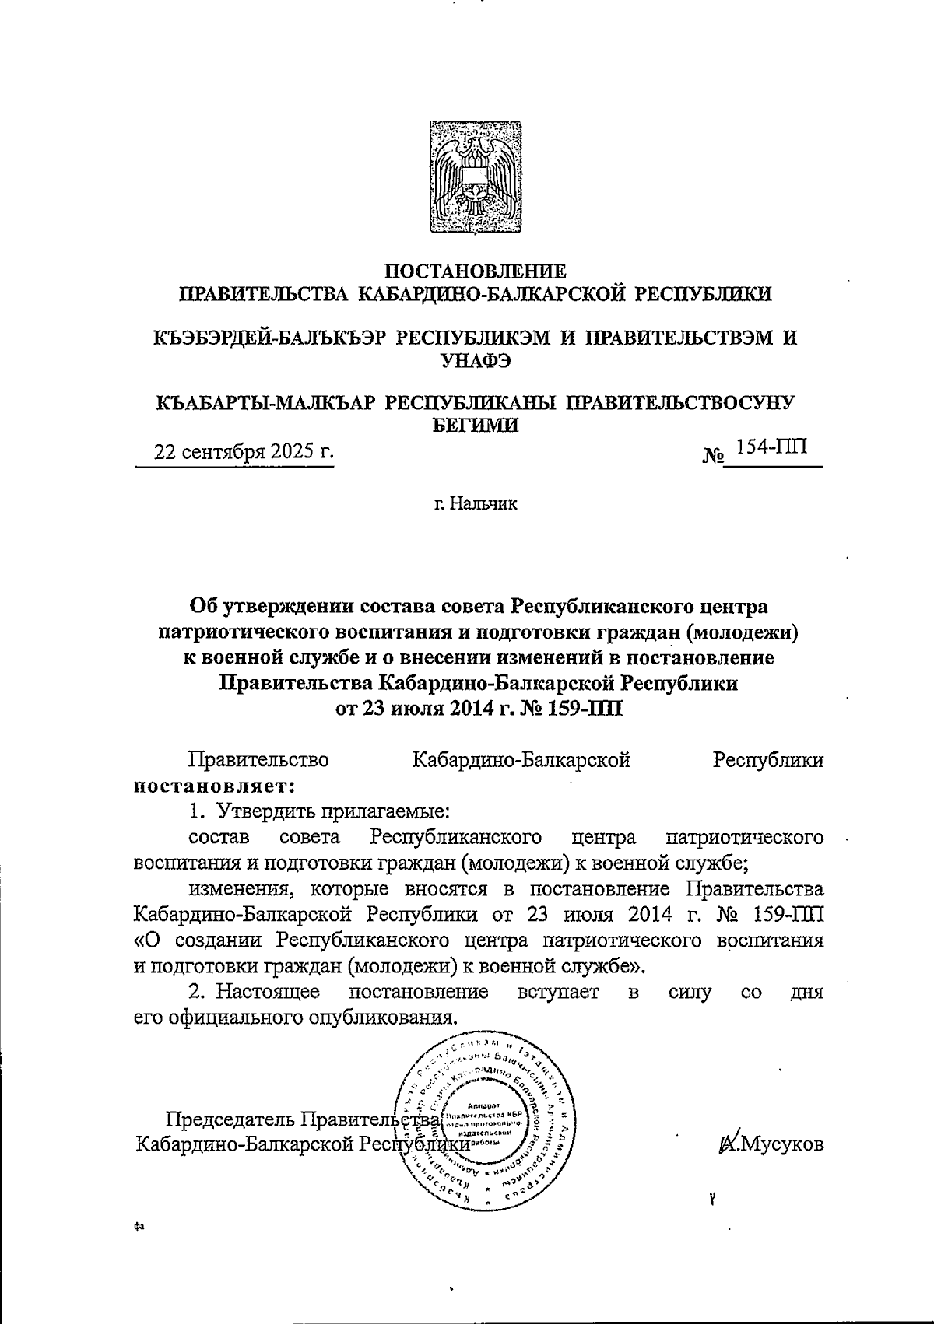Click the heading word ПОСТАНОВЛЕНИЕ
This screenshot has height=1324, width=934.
pos(477,271)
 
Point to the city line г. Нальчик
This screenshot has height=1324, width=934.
pos(476,504)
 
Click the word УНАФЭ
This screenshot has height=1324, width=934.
pos(476,359)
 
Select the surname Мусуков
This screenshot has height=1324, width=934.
pos(781,1144)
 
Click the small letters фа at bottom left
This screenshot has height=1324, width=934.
pos(139,1227)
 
